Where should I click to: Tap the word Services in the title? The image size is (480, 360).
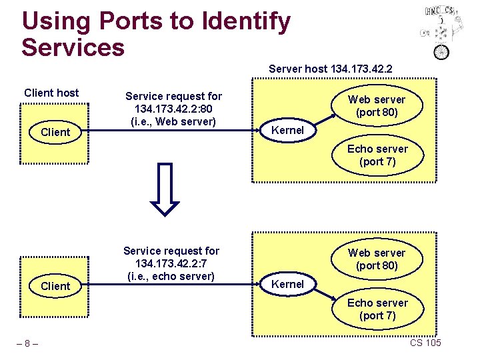coord(73,47)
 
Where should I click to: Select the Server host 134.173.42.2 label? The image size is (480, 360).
coord(330,69)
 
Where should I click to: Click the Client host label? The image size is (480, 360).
coord(51,93)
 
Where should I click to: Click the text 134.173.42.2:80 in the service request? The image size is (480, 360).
coord(174,109)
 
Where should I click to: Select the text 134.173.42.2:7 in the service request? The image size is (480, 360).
coord(171,263)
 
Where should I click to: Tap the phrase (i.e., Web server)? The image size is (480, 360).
coord(174,121)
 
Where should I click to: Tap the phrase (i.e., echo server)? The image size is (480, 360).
coord(171,276)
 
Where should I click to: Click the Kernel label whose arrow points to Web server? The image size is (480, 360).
coord(287,130)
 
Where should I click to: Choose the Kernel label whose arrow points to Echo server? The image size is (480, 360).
coord(287,284)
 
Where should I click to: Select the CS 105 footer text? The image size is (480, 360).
coord(425,343)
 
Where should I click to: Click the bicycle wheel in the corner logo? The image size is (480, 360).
coord(441,51)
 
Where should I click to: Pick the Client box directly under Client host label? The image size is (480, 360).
coord(55,132)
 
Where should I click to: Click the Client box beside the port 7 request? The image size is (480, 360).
coord(55,286)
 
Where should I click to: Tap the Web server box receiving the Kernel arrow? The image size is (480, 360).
coord(377,105)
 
